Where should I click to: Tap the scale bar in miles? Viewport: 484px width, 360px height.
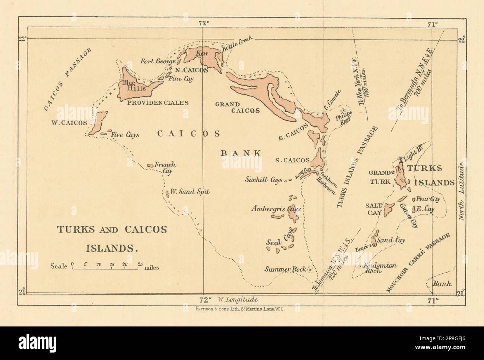106,266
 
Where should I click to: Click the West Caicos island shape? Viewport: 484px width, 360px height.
98,123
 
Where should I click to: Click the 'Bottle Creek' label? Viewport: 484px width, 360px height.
237,44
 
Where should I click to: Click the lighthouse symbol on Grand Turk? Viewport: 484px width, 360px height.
400,159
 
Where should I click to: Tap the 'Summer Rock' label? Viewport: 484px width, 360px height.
285,269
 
